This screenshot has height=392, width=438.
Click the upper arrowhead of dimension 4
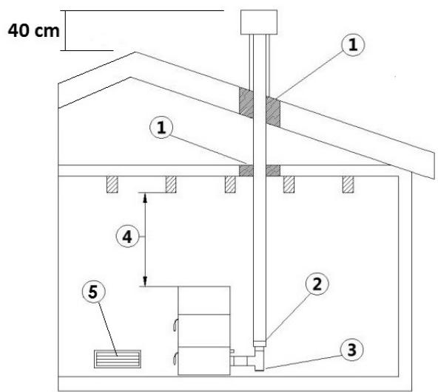point(144,196)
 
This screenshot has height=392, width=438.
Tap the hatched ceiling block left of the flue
point(244,171)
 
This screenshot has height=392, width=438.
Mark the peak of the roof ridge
point(134,52)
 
